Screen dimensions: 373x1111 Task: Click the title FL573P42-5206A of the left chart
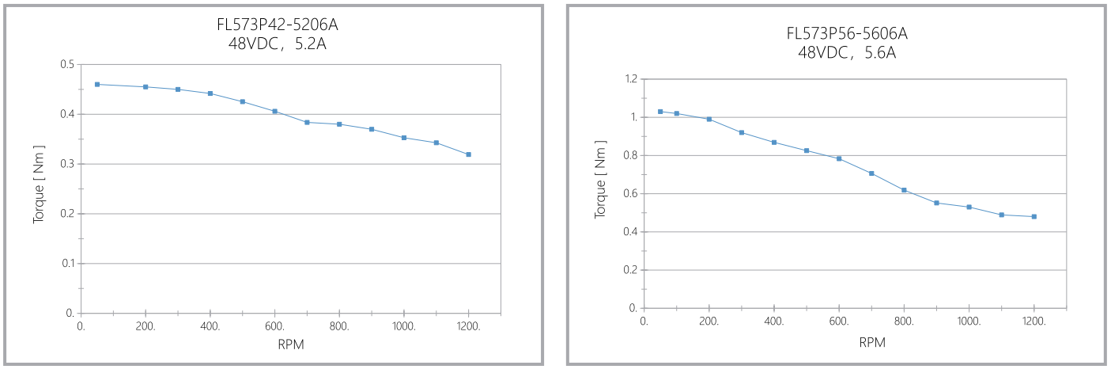coord(271,25)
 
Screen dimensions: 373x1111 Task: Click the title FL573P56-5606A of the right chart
coord(846,33)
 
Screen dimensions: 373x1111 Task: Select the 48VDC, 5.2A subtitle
coord(271,44)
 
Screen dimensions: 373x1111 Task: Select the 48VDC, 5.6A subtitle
coord(846,52)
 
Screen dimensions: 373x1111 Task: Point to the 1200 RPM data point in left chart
coord(468,154)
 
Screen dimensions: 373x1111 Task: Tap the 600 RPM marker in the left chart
coord(274,112)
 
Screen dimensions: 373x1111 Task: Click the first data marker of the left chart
coord(97,84)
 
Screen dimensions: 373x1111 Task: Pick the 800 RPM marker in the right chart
coord(904,190)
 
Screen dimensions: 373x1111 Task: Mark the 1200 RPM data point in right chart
coord(1034,216)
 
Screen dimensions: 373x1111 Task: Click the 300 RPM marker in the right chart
coord(742,132)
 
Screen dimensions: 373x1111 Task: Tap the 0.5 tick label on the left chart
coord(67,64)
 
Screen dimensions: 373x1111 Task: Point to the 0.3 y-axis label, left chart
coord(67,164)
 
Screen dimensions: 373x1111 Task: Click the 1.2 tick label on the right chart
coord(630,79)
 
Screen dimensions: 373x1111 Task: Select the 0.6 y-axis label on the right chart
coord(630,193)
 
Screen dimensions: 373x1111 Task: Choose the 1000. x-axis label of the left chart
coord(404,325)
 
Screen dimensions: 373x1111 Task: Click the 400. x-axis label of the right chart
coord(774,321)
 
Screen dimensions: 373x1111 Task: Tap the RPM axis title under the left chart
coord(290,344)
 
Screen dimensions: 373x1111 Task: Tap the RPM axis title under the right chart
coord(871,342)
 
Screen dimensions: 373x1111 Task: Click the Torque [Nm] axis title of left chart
coord(39,185)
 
